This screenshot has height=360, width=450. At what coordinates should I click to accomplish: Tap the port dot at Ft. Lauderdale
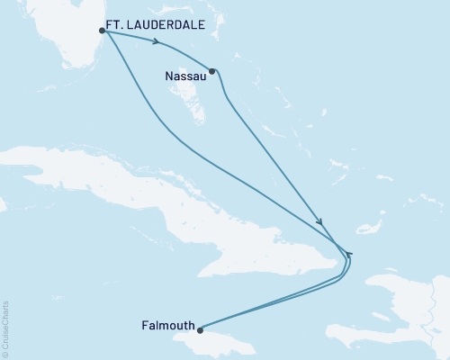103,31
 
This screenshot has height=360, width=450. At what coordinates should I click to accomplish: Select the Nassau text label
184,77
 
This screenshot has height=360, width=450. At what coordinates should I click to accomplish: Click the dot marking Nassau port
212,70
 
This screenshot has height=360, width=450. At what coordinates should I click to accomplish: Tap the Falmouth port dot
201,329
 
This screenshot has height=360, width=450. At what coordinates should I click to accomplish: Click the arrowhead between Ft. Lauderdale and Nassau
157,42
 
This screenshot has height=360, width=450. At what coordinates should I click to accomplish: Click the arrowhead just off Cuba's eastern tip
349,255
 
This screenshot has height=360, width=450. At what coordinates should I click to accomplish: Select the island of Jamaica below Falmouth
225,342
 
